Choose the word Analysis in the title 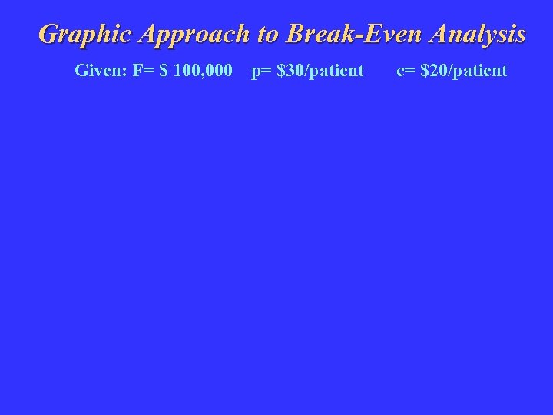tap(478, 35)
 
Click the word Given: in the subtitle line tap(101, 71)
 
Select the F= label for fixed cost tap(143, 71)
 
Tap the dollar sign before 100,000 tap(163, 71)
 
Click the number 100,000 tap(202, 71)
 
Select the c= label tap(406, 71)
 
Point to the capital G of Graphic tap(49, 35)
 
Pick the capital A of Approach tap(147, 35)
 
